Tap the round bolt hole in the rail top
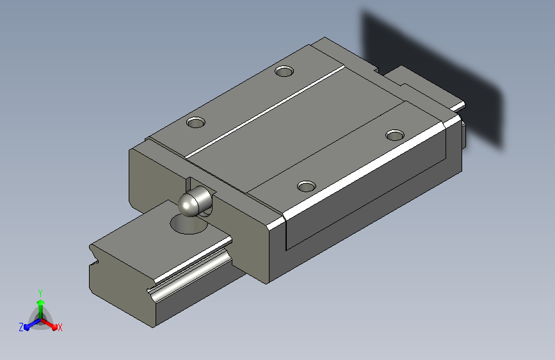click(x=188, y=225)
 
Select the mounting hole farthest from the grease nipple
click(x=395, y=135)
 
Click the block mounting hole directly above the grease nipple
click(x=196, y=122)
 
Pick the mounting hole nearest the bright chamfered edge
click(x=307, y=186)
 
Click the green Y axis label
click(x=40, y=293)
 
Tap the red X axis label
click(x=60, y=328)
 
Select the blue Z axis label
click(x=21, y=327)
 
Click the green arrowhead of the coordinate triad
click(x=41, y=302)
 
